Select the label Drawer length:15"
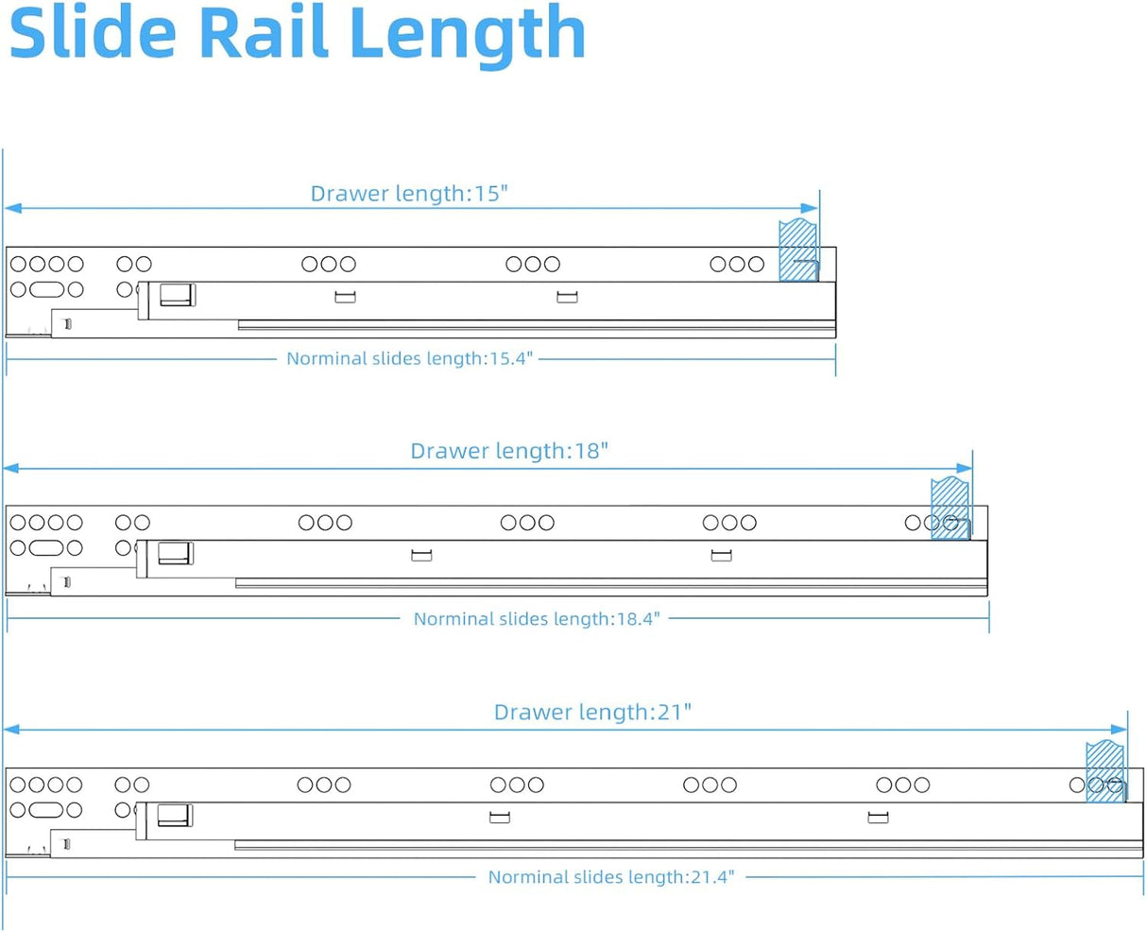pos(409,194)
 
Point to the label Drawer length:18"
pos(509,451)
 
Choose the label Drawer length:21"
pos(592,712)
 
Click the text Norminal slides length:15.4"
pos(410,358)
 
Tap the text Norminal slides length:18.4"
pos(537,619)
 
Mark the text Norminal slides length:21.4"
pos(610,877)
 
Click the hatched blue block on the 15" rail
pos(797,250)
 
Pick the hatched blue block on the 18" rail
pos(950,509)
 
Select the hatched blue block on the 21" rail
pos(1104,771)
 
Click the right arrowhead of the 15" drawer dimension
pos(811,209)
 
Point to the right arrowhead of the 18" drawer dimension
pos(965,468)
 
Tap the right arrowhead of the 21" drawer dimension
pos(1120,730)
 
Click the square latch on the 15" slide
pos(177,294)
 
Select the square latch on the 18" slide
pos(175,552)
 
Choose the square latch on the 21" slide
pos(174,814)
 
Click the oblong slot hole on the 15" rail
pos(45,289)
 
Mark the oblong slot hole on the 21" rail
pos(45,810)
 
